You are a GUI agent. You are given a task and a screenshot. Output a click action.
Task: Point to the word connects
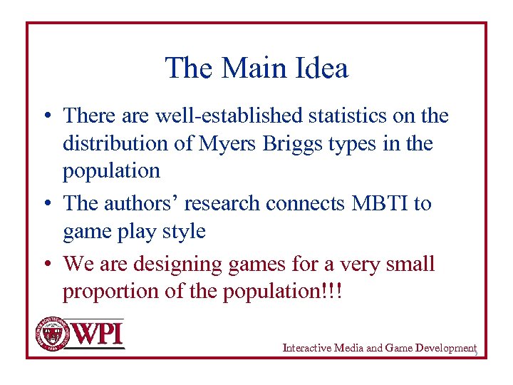(x=306, y=203)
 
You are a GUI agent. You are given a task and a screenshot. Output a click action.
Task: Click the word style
(x=184, y=232)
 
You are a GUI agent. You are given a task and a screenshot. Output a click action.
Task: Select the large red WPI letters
(x=98, y=334)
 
